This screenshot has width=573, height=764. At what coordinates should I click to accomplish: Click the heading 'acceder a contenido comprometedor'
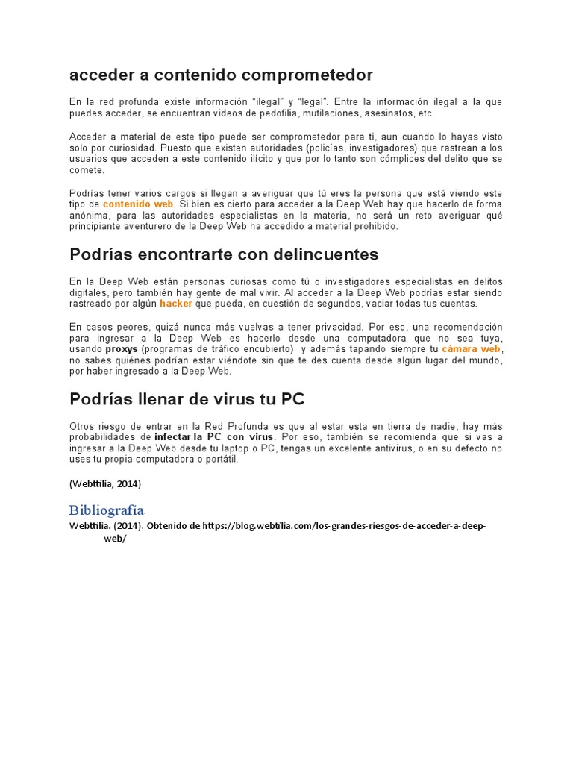[221, 75]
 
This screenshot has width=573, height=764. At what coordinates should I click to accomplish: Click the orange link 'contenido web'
[138, 204]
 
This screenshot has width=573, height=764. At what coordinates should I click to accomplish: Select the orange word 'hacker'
[176, 304]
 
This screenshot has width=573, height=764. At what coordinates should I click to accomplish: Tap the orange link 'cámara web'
[471, 348]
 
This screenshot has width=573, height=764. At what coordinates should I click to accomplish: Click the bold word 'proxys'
[121, 348]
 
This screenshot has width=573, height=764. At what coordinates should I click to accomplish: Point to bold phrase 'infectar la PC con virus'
[214, 436]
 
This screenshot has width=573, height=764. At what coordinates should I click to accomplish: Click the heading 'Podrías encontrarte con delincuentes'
[224, 254]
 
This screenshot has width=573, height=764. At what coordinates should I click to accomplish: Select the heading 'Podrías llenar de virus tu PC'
[187, 398]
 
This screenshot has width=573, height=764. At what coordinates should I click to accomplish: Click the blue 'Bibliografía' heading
[107, 510]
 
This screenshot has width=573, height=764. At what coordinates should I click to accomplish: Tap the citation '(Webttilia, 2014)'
[105, 483]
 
